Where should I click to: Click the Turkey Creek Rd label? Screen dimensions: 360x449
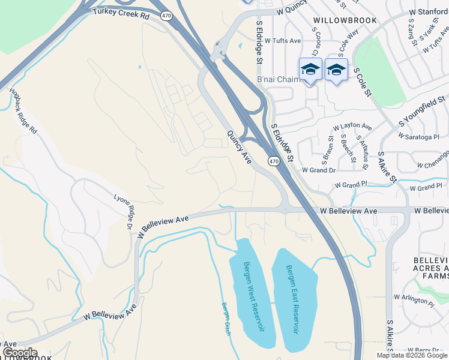[121, 14]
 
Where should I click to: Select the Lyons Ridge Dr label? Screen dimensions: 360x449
[124, 211]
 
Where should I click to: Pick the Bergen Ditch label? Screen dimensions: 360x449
[226, 319]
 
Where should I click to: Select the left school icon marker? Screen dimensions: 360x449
[310, 70]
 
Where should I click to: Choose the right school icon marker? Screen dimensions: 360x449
[337, 70]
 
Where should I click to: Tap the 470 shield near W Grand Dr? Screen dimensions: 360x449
[274, 161]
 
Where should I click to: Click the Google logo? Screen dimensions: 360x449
[20, 353]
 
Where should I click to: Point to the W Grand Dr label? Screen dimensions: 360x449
[318, 170]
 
